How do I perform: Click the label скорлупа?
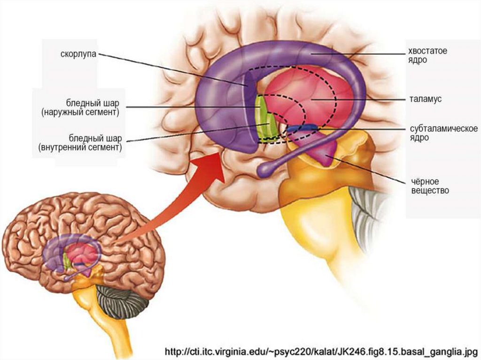coord(78,54)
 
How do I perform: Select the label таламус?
coord(425,100)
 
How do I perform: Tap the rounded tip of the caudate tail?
coord(264,170)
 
